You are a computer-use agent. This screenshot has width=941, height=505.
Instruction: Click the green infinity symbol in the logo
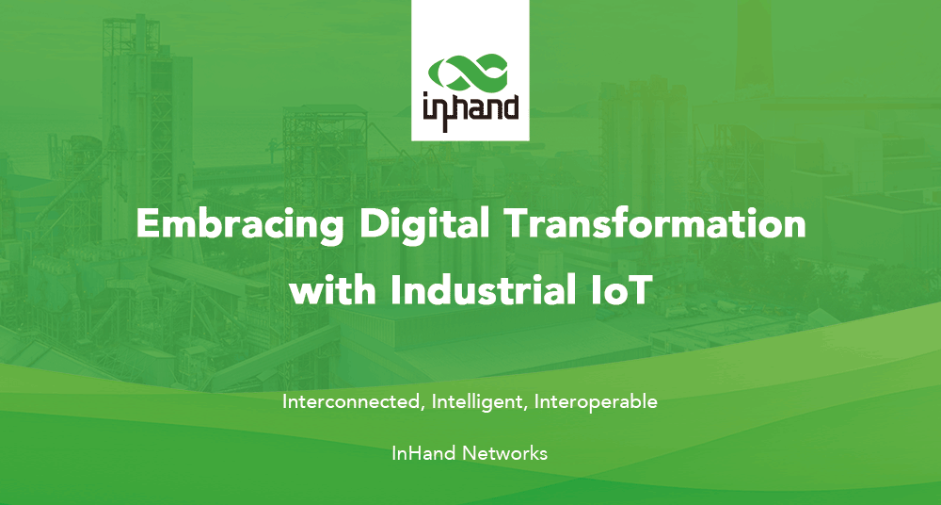click(x=469, y=72)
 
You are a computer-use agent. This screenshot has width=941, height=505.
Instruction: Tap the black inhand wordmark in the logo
click(x=470, y=111)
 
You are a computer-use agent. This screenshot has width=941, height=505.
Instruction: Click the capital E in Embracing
click(x=149, y=223)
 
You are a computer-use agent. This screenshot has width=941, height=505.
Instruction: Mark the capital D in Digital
click(x=374, y=223)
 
